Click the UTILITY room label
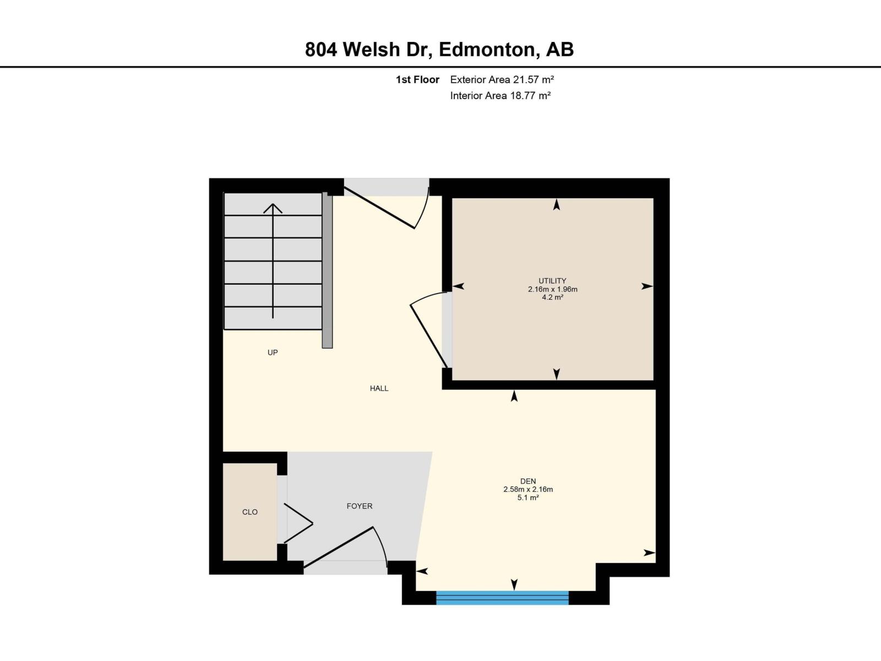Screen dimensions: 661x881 click(552, 281)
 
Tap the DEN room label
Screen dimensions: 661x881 click(527, 481)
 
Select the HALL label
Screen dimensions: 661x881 click(379, 388)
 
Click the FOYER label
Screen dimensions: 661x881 click(359, 506)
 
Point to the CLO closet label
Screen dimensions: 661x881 click(250, 512)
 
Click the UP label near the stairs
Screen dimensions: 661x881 click(273, 353)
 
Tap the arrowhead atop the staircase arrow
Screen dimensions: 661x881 click(273, 208)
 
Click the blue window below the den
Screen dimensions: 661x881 click(502, 598)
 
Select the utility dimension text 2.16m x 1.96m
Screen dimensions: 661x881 click(552, 289)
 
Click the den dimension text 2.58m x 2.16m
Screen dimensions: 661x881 click(527, 489)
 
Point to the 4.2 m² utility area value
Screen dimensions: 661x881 click(552, 297)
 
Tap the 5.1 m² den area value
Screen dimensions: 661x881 click(527, 497)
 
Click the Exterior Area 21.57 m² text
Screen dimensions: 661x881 click(502, 79)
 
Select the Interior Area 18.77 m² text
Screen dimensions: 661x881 click(500, 95)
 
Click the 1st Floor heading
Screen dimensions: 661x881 click(417, 79)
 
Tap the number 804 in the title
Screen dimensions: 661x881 click(322, 50)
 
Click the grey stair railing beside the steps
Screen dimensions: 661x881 click(327, 270)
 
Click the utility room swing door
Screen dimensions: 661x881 click(429, 337)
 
